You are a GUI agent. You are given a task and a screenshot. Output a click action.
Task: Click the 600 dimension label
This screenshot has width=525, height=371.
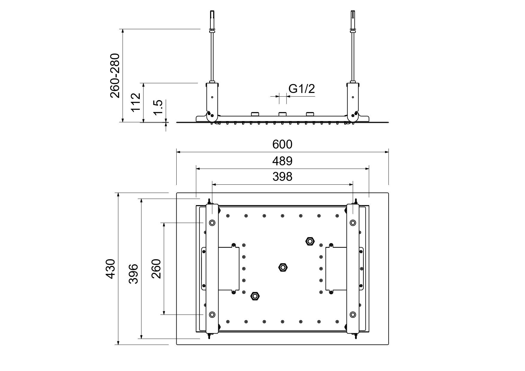(282, 144)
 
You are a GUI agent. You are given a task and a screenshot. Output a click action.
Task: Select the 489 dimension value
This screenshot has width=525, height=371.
(282, 161)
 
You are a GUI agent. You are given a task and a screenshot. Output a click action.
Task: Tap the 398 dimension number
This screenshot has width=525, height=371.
(282, 177)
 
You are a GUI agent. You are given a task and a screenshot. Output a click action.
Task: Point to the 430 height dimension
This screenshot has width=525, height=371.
(111, 269)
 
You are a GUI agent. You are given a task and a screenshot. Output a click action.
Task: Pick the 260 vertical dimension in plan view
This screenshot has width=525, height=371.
(156, 269)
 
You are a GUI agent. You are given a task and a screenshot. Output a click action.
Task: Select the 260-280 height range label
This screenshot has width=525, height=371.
(115, 76)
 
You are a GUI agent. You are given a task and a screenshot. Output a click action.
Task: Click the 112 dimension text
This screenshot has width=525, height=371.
(136, 102)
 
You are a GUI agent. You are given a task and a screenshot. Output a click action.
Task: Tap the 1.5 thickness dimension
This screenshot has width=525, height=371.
(158, 107)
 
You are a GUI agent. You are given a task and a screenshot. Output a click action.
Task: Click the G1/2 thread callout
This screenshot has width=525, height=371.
(302, 89)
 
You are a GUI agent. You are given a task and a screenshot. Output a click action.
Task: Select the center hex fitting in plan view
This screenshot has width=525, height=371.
(283, 267)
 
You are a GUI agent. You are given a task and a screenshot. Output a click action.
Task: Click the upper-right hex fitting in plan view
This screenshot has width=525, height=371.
(310, 241)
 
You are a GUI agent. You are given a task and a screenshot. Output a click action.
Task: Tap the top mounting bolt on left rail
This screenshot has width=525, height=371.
(212, 223)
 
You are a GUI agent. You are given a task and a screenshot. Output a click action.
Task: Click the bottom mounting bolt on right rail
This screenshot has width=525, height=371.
(353, 314)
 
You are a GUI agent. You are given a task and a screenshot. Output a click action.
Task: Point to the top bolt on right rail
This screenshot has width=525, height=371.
(353, 223)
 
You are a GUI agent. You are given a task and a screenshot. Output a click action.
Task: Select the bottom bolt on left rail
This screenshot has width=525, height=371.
(212, 314)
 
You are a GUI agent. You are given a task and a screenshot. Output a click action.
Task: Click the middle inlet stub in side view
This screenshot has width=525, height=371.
(283, 114)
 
